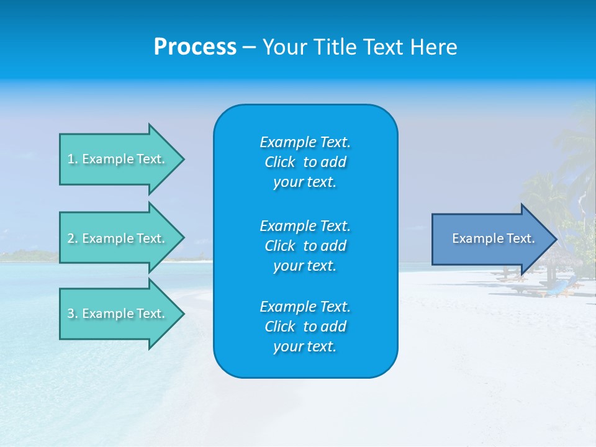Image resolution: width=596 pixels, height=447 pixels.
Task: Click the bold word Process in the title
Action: pyautogui.click(x=195, y=47)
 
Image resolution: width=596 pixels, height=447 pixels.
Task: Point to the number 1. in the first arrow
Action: pyautogui.click(x=72, y=159)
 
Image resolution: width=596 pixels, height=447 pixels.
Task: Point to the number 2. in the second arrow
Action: pyautogui.click(x=72, y=238)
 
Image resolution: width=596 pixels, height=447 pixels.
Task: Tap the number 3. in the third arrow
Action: pyautogui.click(x=72, y=314)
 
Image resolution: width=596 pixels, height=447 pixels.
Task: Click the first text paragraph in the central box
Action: pyautogui.click(x=305, y=162)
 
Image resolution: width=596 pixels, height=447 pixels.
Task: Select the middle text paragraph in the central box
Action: pyautogui.click(x=305, y=246)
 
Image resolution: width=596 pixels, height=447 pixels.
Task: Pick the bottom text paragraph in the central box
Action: pyautogui.click(x=305, y=327)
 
